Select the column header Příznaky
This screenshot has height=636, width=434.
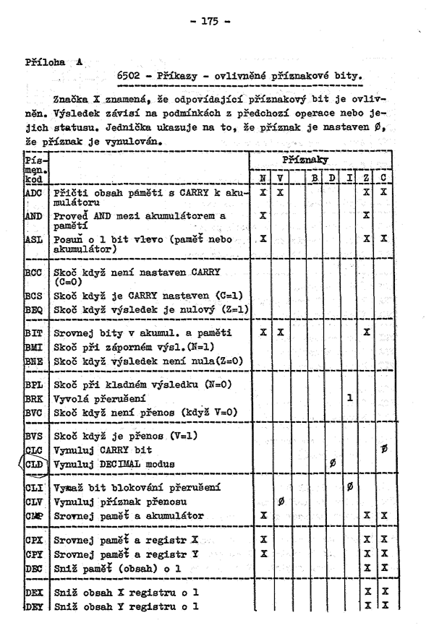tap(326, 158)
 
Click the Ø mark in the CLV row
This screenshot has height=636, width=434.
tap(281, 500)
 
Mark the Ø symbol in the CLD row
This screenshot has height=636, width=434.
tap(331, 463)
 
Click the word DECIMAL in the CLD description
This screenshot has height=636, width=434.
tap(132, 463)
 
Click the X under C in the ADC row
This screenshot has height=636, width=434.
tap(384, 193)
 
